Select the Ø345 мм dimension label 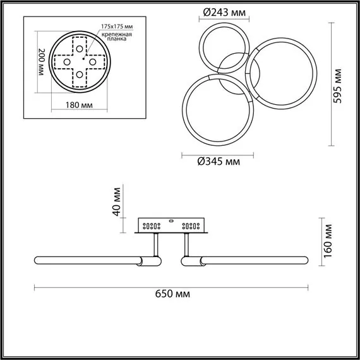coord(219,162)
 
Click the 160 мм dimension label coord(327,239)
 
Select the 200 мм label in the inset coord(41,62)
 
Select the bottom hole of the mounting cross coord(80,74)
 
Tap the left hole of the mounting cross coord(66,62)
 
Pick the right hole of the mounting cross coord(92,62)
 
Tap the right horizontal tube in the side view coord(249,259)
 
